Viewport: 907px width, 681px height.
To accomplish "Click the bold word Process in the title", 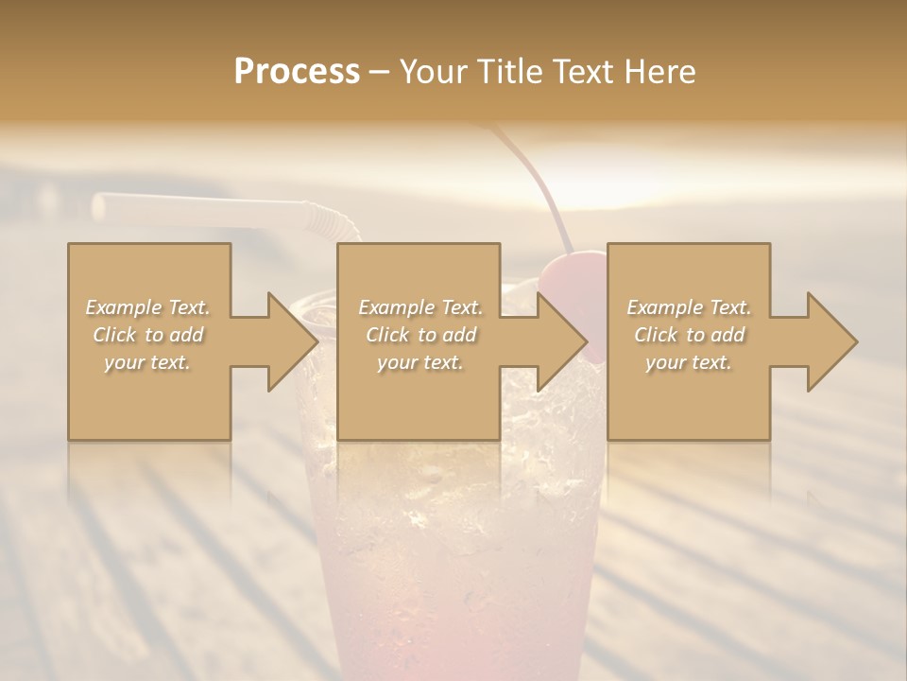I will tap(297, 72).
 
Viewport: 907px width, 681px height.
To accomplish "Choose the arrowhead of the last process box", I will tap(831, 341).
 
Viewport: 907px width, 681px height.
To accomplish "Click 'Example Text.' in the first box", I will tap(148, 307).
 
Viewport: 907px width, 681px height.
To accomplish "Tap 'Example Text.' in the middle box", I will tap(420, 307).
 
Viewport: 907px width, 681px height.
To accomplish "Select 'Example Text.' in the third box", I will tap(689, 307).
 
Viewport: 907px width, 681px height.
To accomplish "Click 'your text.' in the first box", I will tap(148, 362).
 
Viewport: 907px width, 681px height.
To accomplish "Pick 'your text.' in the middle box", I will tap(420, 362).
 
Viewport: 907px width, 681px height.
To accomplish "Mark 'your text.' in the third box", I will tap(689, 362).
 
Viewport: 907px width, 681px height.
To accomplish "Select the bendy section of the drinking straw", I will tap(332, 223).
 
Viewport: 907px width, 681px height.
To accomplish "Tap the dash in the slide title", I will tap(380, 72).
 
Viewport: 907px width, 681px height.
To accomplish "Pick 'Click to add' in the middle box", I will tap(420, 335).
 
